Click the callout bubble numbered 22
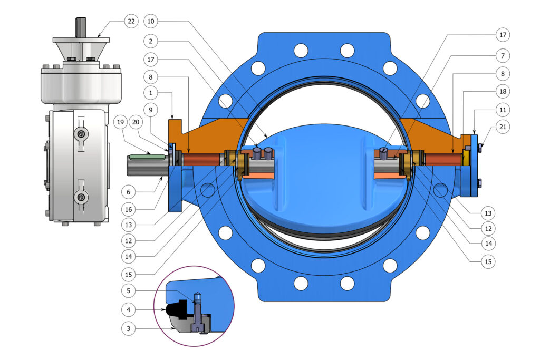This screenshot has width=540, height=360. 131,21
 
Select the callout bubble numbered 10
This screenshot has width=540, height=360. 150,21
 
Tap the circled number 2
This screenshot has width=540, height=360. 150,41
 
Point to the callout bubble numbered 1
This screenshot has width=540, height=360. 150,93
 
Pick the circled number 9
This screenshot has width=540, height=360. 150,110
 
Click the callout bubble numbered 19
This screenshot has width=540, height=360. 120,122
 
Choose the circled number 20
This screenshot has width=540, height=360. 136,122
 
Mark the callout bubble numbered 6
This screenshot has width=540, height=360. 129,192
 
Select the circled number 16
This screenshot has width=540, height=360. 129,209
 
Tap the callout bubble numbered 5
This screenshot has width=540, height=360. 129,291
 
